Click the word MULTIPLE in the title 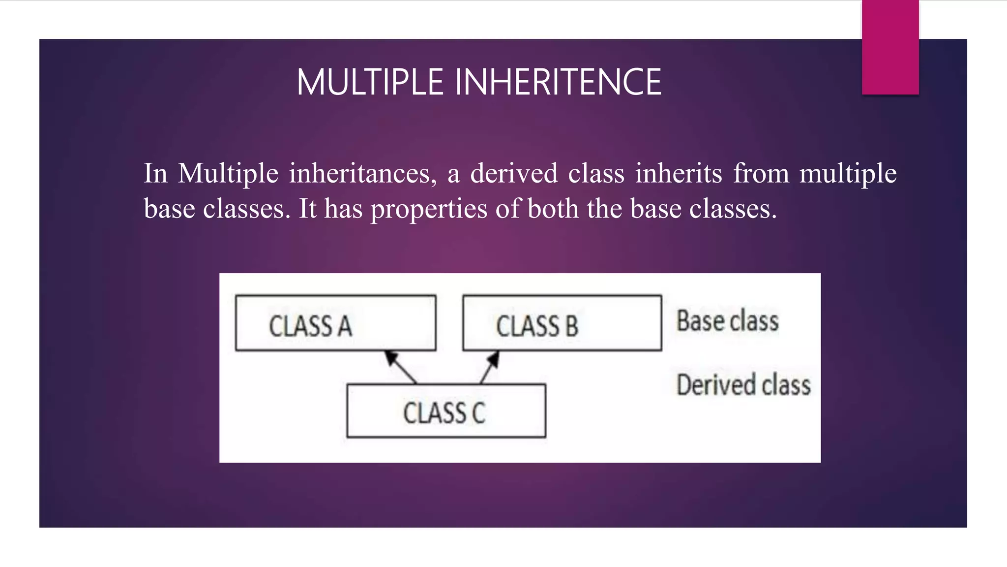(370, 82)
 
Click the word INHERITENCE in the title (558, 82)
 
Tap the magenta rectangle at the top (890, 47)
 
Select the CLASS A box (335, 323)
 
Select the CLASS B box (562, 323)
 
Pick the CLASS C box (446, 411)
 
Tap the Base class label (727, 321)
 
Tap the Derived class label (743, 385)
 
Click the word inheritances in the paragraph (362, 174)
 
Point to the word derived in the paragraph (514, 174)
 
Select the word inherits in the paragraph (679, 174)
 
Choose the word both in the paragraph (553, 209)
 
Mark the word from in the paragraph (761, 174)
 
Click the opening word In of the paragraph (155, 174)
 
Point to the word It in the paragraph (307, 209)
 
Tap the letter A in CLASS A (345, 326)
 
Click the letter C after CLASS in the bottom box (478, 413)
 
